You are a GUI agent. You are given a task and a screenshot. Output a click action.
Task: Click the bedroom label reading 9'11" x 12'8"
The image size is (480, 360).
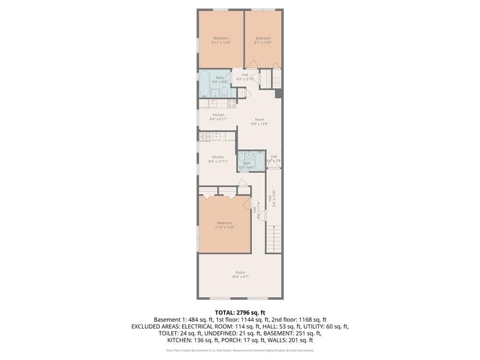point(221,40)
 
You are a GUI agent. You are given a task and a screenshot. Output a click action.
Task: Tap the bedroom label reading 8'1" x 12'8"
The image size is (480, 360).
point(263,40)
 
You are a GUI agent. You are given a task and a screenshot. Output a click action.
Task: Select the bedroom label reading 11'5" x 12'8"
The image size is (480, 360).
point(224,225)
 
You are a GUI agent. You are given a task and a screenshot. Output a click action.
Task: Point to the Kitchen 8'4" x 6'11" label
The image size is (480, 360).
point(218,117)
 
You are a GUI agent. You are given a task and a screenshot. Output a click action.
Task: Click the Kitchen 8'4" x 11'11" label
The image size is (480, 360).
point(218,159)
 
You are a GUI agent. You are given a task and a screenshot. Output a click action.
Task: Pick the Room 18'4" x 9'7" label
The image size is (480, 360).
point(240,275)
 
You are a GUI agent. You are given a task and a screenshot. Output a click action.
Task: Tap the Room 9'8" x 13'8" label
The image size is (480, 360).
point(259,122)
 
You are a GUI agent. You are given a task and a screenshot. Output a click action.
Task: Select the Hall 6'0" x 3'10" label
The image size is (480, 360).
point(245,77)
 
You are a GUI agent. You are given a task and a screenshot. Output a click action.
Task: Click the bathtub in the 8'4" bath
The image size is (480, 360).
point(204,83)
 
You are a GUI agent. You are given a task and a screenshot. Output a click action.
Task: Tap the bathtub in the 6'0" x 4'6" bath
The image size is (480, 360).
point(260,160)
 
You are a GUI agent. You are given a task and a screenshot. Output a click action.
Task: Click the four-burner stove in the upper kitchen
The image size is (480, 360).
point(232,103)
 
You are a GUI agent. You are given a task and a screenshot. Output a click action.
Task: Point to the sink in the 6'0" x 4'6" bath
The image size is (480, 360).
point(249,155)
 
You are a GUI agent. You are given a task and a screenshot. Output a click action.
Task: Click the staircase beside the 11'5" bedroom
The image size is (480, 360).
point(274,239)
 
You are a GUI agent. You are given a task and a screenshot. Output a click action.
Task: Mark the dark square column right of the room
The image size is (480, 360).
point(278,94)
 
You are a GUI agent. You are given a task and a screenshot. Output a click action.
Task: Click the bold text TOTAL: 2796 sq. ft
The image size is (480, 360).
point(240,312)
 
